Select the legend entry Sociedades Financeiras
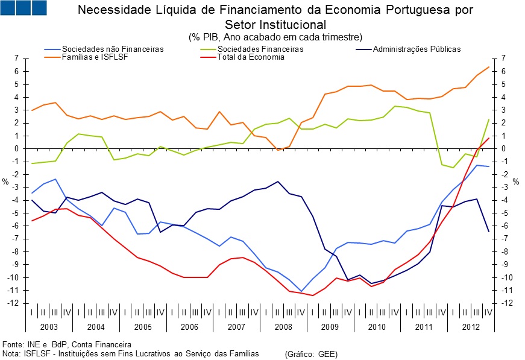click(260, 49)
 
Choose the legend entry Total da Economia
click(251, 57)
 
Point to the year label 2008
click(283, 326)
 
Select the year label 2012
click(470, 326)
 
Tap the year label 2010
click(377, 326)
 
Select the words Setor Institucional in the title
click(275, 25)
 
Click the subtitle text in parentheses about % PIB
click(275, 37)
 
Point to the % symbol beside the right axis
click(515, 182)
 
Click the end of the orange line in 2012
click(488, 67)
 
